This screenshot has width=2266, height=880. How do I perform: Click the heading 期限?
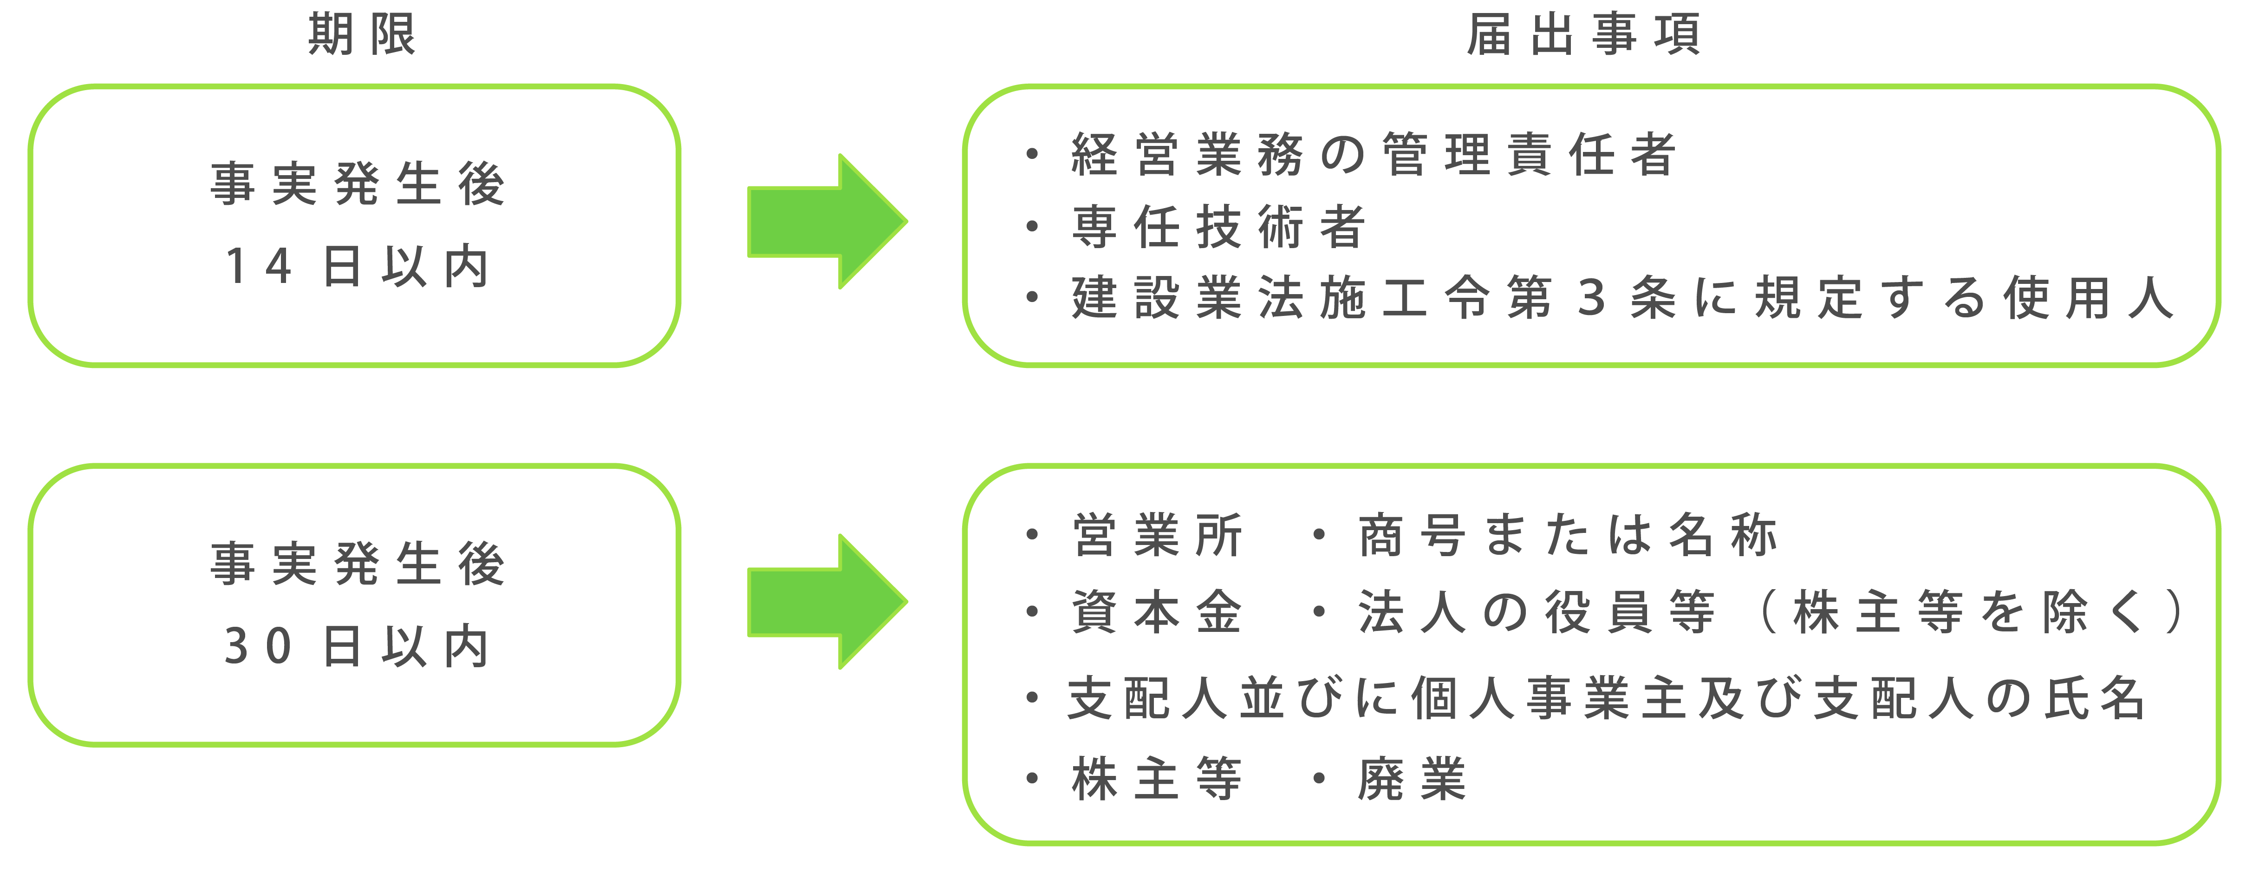click(362, 35)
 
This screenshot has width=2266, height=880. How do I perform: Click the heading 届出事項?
click(1583, 35)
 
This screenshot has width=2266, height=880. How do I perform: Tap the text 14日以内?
click(357, 266)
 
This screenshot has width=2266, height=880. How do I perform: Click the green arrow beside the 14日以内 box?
click(827, 222)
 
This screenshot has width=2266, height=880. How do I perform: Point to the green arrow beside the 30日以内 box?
click(827, 602)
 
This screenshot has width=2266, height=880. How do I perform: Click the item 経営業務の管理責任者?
click(1374, 155)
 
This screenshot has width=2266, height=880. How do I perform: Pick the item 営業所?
click(1157, 535)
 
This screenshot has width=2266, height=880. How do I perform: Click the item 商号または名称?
click(1568, 535)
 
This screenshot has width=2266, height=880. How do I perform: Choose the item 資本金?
click(1157, 611)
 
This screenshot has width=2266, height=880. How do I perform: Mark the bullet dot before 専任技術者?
click(1032, 227)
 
